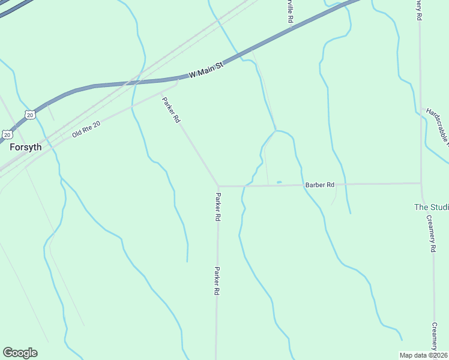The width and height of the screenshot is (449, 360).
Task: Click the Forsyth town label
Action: tap(25, 147)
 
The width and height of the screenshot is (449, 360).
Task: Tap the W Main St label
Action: tap(206, 69)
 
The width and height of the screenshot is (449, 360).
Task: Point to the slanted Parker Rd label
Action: tap(171, 110)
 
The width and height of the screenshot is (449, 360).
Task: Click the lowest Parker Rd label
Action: tap(216, 281)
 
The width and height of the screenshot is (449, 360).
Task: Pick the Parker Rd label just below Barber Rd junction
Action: tap(218, 207)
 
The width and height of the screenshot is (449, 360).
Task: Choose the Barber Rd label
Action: tap(319, 185)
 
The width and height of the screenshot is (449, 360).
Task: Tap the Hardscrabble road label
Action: tap(437, 127)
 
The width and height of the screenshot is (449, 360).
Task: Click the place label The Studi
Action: tap(431, 207)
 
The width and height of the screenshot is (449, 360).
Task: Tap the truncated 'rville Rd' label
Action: tap(290, 12)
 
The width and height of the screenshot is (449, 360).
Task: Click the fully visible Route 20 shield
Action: tap(30, 114)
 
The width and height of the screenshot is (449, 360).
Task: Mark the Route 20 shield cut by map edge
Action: tap(5, 134)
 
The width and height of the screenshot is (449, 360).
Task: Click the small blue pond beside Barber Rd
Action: tap(279, 182)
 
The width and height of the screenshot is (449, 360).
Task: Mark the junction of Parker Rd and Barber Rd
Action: tap(218, 186)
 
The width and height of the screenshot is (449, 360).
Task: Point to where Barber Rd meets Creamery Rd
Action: tap(421, 183)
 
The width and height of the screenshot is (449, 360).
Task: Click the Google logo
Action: tap(20, 353)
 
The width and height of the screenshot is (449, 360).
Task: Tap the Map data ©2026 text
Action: tap(424, 355)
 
